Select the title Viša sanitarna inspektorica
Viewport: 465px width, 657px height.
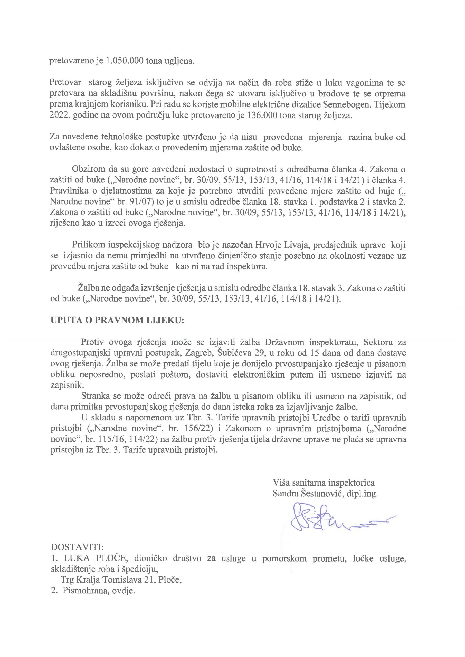pos(324,482)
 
